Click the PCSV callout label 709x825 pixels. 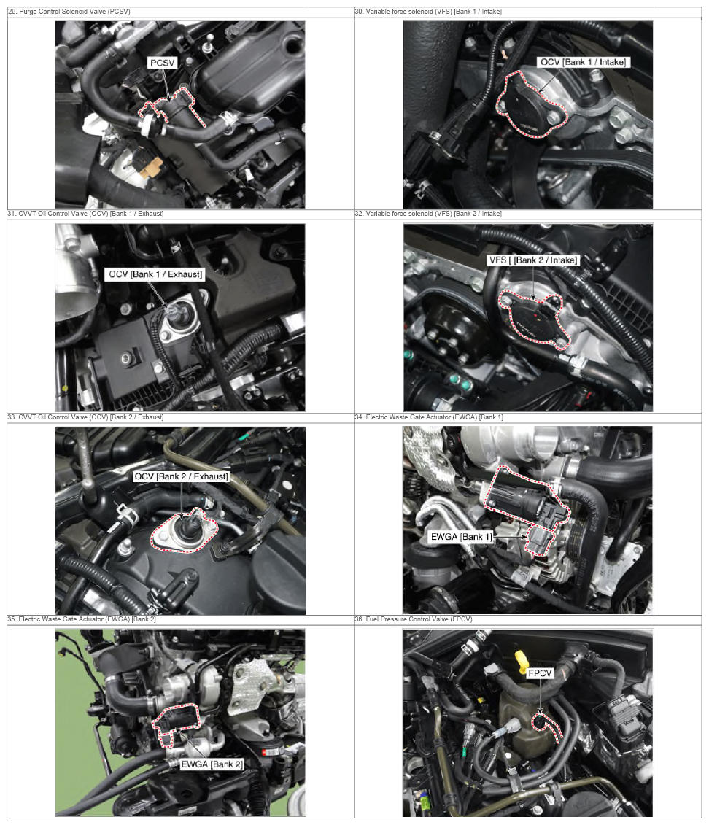click(162, 63)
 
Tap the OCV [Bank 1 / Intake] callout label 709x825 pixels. click(584, 62)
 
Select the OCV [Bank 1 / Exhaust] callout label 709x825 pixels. click(155, 274)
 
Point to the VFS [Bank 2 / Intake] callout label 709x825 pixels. click(532, 260)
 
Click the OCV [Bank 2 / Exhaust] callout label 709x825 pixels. click(181, 476)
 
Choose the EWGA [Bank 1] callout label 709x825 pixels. click(461, 537)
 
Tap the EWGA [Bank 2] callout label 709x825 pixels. click(212, 764)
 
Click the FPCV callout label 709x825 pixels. click(541, 673)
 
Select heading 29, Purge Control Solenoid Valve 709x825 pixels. click(69, 11)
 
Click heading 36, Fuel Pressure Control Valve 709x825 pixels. click(414, 619)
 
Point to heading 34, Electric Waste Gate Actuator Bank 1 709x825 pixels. click(429, 417)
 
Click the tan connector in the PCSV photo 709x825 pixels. click(153, 168)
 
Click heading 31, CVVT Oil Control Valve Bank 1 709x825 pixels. click(85, 213)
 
